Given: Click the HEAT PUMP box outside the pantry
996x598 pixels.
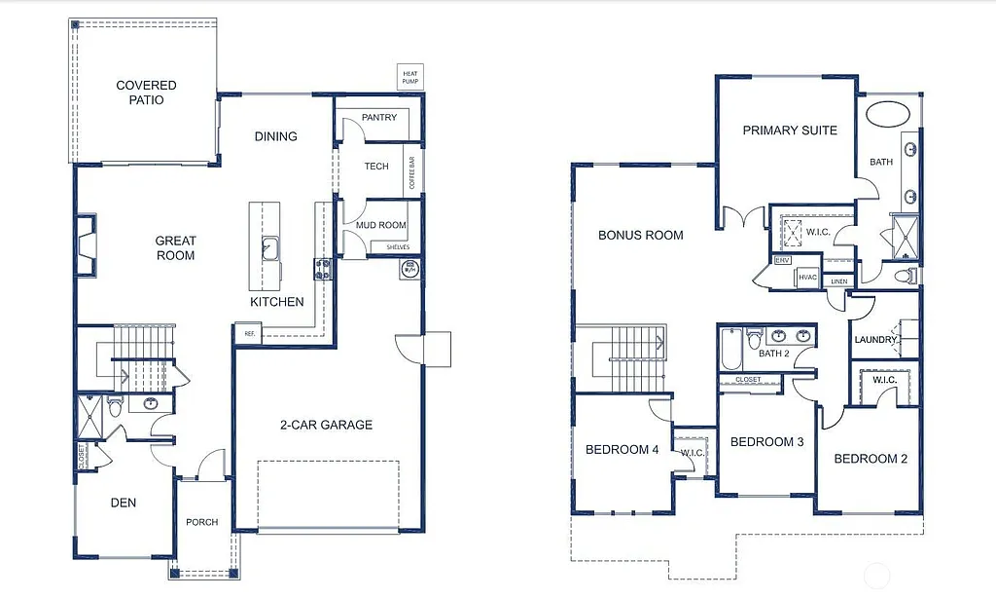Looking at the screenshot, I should point(409,76).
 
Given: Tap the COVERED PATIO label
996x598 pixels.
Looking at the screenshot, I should point(146,93).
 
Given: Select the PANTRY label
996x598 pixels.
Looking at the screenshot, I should point(379,118).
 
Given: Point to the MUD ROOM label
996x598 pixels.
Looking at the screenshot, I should point(380,225).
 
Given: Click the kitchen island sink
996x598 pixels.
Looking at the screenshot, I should point(269,250).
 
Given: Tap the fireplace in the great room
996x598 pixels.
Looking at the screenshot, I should point(87,245).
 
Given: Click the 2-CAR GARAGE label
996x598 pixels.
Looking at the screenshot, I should point(328,425).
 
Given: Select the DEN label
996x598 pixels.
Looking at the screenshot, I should point(123,503).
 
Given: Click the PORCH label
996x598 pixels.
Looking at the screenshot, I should point(202,522).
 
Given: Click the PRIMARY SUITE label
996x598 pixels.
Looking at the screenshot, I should point(790,131).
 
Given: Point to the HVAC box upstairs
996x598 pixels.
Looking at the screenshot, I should point(807,278).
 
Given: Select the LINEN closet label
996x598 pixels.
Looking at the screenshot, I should point(838,280).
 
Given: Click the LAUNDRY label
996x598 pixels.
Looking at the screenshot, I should point(875,340).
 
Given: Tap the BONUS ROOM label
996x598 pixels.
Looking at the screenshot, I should point(640,235).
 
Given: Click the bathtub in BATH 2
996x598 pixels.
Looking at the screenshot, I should point(731,349).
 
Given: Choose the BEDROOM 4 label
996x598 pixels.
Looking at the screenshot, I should point(622,450).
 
